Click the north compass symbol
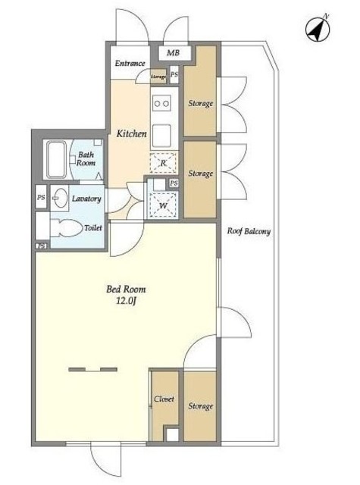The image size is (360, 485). pos(318,29)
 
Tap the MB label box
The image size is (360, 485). pos(174,53)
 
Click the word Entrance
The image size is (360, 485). pos(130,64)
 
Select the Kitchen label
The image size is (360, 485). pos(131,133)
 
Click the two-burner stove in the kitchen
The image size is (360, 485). pos(161,103)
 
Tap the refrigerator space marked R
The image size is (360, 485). pos(163,163)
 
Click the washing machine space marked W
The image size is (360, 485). pos(163,205)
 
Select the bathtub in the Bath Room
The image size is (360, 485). pos(57,159)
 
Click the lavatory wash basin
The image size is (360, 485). pos(60,198)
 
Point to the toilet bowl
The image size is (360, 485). pos(67,228)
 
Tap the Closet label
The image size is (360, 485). pos(164,399)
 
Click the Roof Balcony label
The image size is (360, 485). pos(249,231)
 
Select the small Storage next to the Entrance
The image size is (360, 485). pos(158,77)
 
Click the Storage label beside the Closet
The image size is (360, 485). pos(200,406)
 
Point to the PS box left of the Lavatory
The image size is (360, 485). pos(41,197)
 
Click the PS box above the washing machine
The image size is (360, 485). pos(174,183)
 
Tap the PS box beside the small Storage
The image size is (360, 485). pos(174,74)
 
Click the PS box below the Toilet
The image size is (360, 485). pos(42,246)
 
